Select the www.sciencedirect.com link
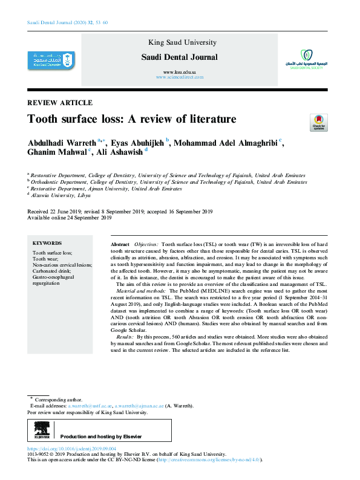180,77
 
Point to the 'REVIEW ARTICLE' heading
61,103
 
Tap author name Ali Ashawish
119,154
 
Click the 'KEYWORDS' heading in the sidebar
47,242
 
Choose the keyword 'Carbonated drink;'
52,270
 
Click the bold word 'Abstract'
120,242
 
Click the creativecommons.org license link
209,460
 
